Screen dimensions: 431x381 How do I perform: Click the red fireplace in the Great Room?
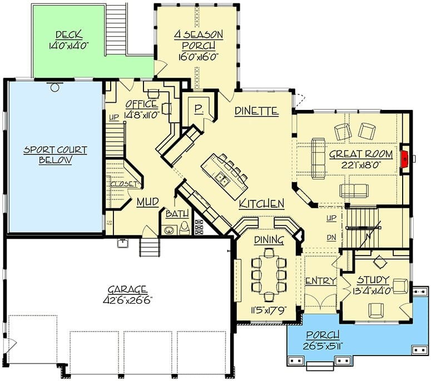pyautogui.click(x=405, y=159)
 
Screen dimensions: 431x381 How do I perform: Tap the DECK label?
pyautogui.click(x=69, y=35)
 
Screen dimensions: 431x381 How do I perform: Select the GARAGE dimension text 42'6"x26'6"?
pyautogui.click(x=128, y=300)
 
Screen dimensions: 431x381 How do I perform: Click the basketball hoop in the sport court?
pyautogui.click(x=55, y=86)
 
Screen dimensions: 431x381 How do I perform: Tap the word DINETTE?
pyautogui.click(x=256, y=111)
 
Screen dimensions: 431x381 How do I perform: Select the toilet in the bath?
pyautogui.click(x=184, y=228)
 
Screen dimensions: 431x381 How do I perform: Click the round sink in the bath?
pyautogui.click(x=168, y=230)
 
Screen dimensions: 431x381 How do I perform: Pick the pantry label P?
pyautogui.click(x=198, y=109)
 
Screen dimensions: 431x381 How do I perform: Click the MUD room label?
pyautogui.click(x=147, y=202)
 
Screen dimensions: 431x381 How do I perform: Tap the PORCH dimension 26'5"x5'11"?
pyautogui.click(x=323, y=347)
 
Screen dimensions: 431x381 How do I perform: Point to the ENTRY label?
pyautogui.click(x=321, y=281)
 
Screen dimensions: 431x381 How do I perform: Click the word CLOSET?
pyautogui.click(x=124, y=184)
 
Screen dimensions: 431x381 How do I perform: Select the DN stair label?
pyautogui.click(x=331, y=238)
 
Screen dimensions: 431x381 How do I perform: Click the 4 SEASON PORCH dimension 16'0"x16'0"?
pyautogui.click(x=198, y=57)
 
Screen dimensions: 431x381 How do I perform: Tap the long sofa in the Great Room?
pyautogui.click(x=318, y=159)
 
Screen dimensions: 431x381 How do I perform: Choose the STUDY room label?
pyautogui.click(x=373, y=280)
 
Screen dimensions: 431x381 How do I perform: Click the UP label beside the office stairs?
pyautogui.click(x=114, y=118)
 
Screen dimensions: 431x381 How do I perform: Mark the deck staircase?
pyautogui.click(x=116, y=29)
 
